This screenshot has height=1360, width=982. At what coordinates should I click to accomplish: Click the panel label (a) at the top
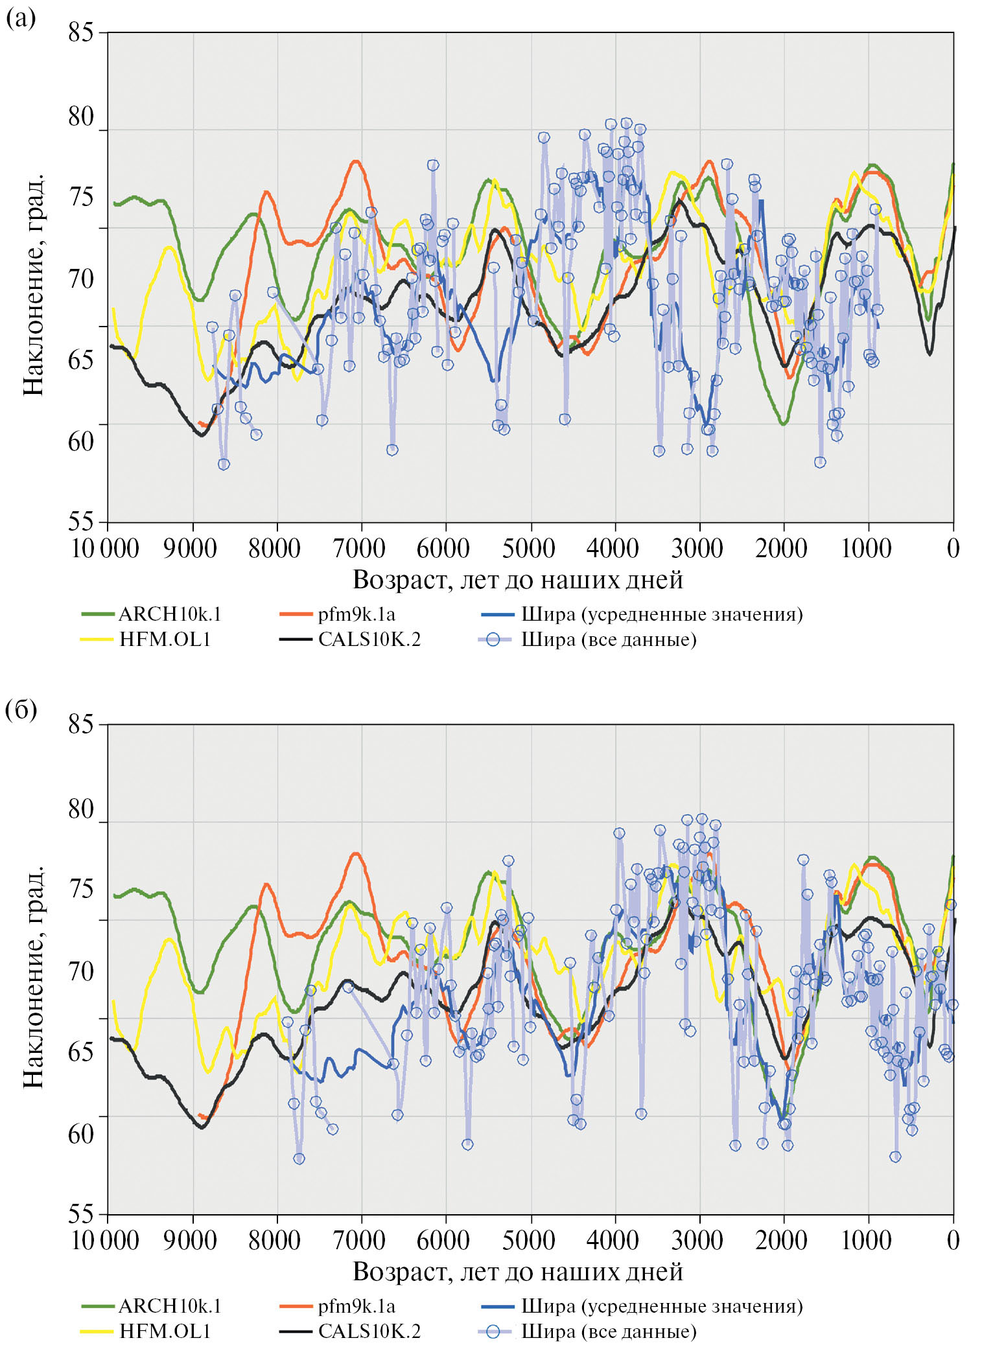20,18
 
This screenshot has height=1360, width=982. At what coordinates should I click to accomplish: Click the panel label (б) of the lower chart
21,710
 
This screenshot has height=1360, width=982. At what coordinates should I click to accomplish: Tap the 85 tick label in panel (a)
81,32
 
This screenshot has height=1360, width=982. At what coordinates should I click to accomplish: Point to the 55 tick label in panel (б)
81,1213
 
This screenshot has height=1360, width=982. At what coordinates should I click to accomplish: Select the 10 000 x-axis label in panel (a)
105,548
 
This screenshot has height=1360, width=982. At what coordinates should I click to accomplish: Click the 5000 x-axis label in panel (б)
528,1240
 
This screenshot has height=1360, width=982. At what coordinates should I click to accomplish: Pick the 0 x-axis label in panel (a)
953,548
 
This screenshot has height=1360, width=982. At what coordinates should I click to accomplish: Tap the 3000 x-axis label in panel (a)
697,548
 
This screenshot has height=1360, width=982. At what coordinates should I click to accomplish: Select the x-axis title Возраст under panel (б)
517,1272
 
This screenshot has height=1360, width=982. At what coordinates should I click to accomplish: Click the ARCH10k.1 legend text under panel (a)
170,614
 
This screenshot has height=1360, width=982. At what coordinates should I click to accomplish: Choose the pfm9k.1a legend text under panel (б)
357,1306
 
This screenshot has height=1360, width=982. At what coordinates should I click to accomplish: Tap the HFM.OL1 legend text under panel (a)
165,640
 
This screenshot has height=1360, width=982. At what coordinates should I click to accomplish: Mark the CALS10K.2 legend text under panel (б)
369,1331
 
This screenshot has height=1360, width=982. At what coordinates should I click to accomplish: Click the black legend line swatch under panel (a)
296,640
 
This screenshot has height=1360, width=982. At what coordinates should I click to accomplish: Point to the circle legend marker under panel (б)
493,1331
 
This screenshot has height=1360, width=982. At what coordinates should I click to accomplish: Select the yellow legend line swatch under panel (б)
97,1331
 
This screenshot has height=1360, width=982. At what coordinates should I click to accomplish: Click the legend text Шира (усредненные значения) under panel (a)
662,614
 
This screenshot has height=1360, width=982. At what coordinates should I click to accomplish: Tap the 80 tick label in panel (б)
81,809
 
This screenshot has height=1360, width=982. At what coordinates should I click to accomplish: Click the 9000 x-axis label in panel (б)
190,1240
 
